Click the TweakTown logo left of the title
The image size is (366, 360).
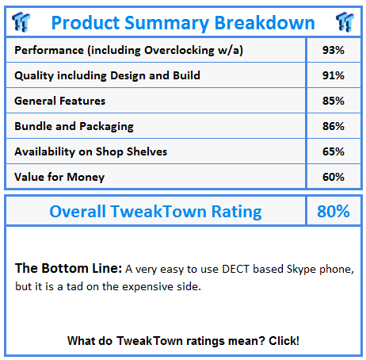click(x=21, y=22)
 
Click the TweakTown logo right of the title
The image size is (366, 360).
click(x=345, y=22)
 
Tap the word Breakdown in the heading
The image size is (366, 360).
click(x=265, y=23)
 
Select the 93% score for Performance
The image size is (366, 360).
click(x=334, y=50)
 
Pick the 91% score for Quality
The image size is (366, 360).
click(x=334, y=75)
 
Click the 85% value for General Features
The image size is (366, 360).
click(x=334, y=101)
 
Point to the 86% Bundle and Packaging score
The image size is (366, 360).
click(x=334, y=126)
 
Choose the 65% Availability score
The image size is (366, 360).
click(x=334, y=151)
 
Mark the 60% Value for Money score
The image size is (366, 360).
click(x=334, y=177)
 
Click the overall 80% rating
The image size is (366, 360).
click(x=334, y=212)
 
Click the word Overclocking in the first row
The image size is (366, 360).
click(x=179, y=51)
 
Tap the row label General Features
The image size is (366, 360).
click(x=60, y=101)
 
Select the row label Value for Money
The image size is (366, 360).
click(x=59, y=178)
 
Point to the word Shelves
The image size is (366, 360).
click(x=147, y=151)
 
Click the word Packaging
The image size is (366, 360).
click(x=106, y=127)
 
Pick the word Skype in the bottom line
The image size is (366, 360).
click(x=301, y=270)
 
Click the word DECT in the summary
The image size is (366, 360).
click(x=235, y=269)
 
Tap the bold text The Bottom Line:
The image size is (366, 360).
click(x=68, y=268)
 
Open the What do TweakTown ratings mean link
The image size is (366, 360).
click(x=183, y=341)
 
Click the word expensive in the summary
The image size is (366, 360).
click(x=147, y=287)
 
